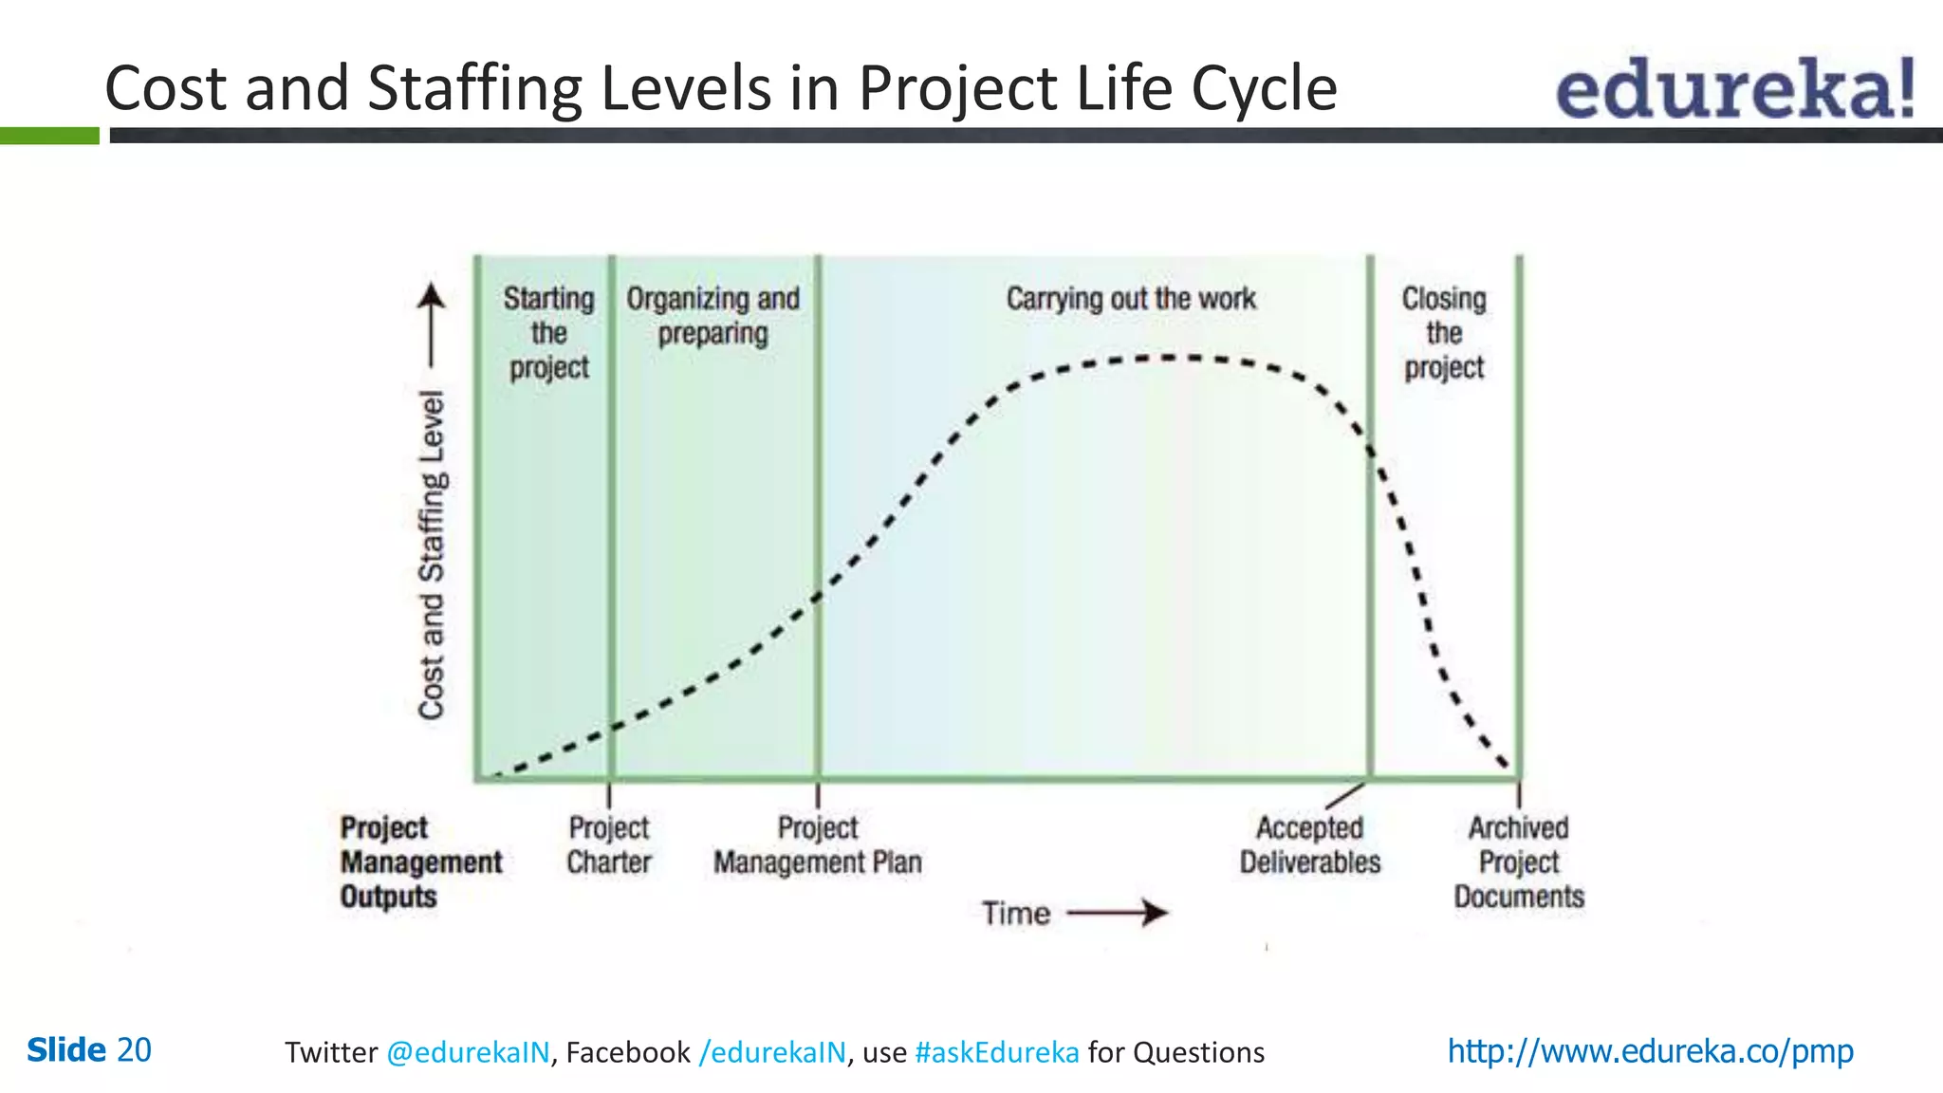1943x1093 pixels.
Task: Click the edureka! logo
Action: [1734, 88]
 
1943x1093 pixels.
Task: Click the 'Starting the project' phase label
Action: [548, 333]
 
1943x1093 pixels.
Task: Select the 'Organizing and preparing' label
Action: [712, 316]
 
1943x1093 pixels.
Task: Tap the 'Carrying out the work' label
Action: [1130, 299]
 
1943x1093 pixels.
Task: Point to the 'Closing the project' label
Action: [1444, 333]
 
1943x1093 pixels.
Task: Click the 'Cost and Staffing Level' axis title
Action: [432, 555]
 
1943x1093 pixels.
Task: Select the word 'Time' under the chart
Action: [1015, 914]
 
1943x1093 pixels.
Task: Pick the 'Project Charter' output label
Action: [608, 844]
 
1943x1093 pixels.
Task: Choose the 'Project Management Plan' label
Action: [817, 844]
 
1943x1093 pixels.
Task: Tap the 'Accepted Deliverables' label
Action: [1309, 844]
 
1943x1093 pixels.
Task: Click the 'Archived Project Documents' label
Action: [1518, 861]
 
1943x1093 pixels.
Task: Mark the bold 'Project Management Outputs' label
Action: [420, 861]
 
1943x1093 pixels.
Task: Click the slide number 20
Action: [134, 1050]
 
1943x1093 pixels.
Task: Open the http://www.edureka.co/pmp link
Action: [1650, 1051]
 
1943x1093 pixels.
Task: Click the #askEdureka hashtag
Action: [996, 1052]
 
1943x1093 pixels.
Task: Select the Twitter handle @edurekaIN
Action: [468, 1052]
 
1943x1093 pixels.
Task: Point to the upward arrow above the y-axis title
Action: [432, 323]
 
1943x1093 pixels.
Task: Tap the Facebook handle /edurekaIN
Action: [771, 1052]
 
